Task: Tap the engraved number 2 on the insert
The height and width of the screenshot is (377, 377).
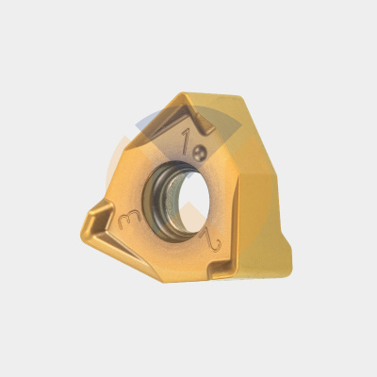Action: (211, 241)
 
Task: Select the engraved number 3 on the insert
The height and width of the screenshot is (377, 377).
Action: (129, 220)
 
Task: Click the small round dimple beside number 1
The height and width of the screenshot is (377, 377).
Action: (200, 153)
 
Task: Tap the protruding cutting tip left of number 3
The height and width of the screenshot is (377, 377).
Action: (94, 217)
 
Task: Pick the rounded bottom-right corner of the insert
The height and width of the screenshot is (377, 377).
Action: (287, 270)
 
